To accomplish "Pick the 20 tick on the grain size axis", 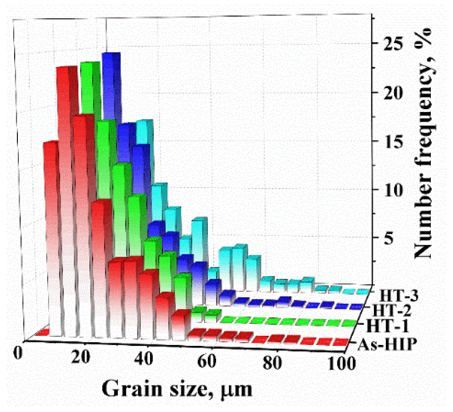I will click(81, 357).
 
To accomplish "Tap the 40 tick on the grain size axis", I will click(144, 359).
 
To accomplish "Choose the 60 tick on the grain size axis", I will click(206, 361).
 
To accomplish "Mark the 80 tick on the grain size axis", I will click(272, 363).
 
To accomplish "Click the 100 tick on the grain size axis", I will click(342, 364).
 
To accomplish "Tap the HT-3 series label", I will click(399, 296).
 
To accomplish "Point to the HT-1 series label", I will click(387, 326).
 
